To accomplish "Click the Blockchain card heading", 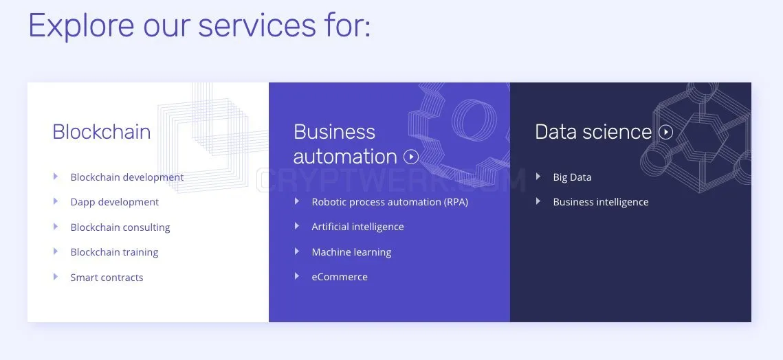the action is coord(101,132).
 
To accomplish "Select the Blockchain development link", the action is coord(127,177).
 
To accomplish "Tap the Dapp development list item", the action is coord(114,202).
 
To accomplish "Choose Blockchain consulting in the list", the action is coord(120,227).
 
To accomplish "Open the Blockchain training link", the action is coord(114,252).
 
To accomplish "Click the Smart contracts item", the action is coord(107,278).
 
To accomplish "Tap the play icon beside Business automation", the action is coord(411,157).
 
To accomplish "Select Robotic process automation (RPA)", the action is coord(390,202).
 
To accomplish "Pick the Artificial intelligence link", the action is coord(357,227).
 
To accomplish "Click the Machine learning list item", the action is coord(351,252).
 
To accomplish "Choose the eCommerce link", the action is coord(340,277).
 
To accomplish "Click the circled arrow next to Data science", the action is coord(665,132).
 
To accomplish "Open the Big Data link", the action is coord(572,177).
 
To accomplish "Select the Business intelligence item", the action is coord(601,202).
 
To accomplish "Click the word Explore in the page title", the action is coord(81,25).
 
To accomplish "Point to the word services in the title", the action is coord(257,25).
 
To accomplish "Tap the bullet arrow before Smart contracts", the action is coord(56,277).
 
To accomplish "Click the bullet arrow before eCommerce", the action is coord(296,275).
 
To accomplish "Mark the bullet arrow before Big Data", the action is coord(538,176).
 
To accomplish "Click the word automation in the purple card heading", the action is coord(345,157).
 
